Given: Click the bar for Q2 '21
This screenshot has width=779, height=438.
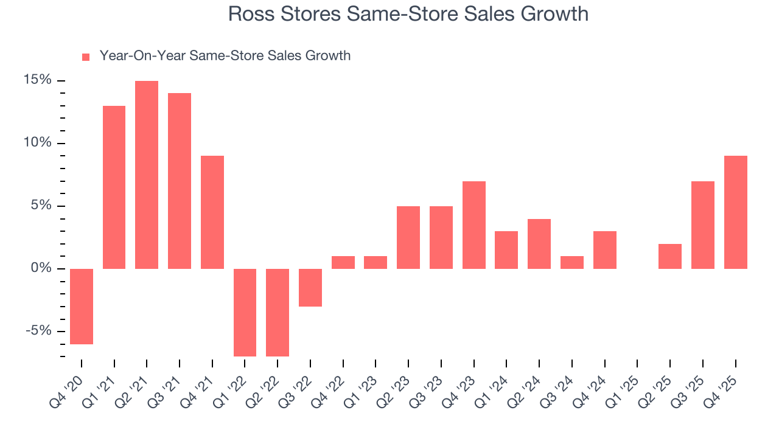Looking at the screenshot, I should tap(147, 175).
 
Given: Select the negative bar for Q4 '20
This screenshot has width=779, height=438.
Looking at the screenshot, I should tap(82, 307).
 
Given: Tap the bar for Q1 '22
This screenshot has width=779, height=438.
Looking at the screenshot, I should tap(245, 312).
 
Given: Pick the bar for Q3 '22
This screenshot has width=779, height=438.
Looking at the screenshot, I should tap(310, 287).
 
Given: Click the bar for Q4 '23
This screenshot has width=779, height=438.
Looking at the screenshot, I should tap(474, 224).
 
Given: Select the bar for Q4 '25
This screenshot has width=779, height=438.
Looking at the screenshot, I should tap(735, 212).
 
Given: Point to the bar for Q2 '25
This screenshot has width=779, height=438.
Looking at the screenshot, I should tap(670, 256).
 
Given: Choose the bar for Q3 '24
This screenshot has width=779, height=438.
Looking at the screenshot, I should tap(572, 262).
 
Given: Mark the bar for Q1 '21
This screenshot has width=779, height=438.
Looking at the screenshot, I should tap(114, 187).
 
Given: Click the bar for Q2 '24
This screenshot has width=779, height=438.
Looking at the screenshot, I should tap(539, 243).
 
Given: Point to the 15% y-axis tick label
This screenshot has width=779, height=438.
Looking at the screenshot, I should tap(38, 80).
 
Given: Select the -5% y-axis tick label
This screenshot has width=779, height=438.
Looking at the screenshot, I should tap(38, 331).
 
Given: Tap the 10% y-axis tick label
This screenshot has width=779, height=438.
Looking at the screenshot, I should tap(38, 143).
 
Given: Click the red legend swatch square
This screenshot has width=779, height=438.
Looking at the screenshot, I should tap(86, 57).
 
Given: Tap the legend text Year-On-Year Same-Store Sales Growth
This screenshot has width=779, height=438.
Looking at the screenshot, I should tap(225, 56).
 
